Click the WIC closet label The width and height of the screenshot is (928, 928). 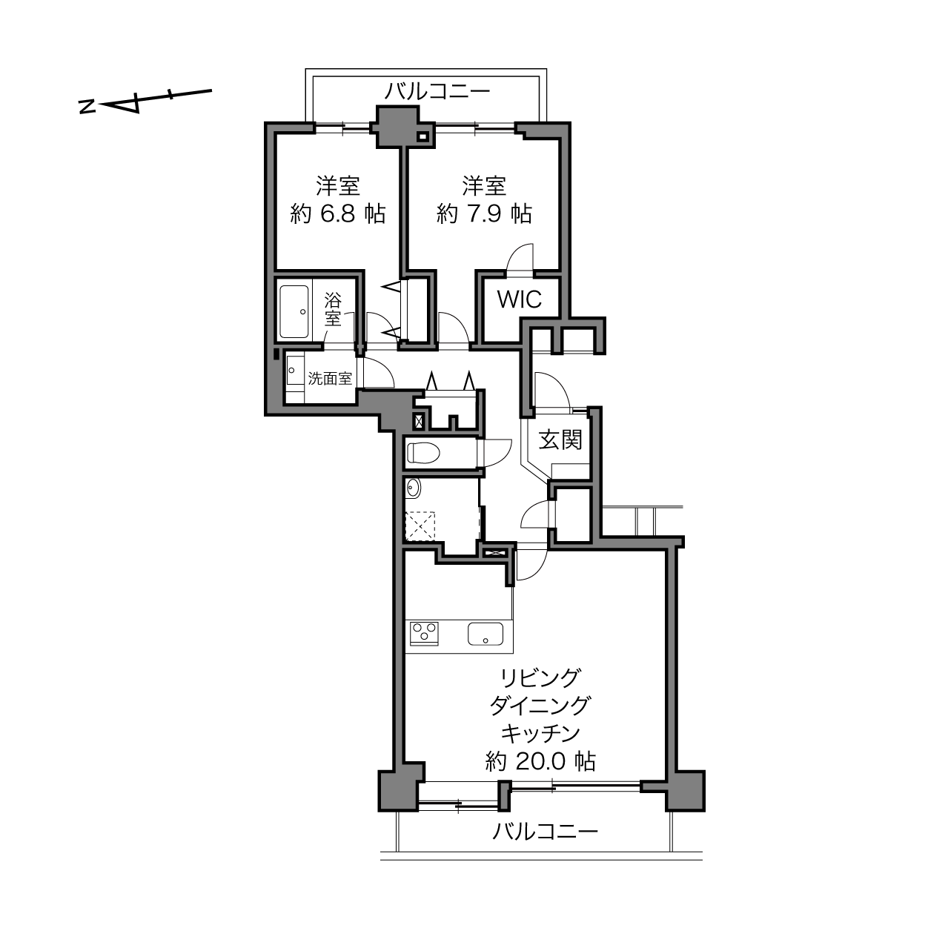[519, 299]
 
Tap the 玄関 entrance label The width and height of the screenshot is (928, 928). [560, 440]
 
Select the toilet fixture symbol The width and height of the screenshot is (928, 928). [423, 453]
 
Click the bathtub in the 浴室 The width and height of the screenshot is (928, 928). [294, 311]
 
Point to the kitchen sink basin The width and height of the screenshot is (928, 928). [485, 634]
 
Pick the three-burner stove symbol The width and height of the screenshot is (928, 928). [424, 634]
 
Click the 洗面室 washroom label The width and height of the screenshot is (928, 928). [330, 379]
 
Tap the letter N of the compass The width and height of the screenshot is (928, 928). [87, 107]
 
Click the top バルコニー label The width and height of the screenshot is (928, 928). [437, 91]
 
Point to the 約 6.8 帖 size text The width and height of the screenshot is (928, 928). [337, 213]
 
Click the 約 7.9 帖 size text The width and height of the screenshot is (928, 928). [484, 213]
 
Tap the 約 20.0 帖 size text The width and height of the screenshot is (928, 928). [540, 762]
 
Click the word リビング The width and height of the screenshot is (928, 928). [540, 678]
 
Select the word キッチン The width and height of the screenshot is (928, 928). [540, 734]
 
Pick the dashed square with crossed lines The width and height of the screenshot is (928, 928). [420, 526]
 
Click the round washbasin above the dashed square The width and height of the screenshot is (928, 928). [413, 488]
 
